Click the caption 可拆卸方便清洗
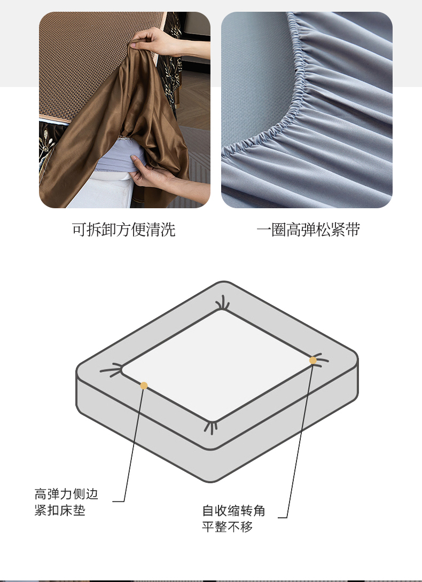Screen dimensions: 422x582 coord(124,230)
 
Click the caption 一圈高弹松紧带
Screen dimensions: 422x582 coord(308,230)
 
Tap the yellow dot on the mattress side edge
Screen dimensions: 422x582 coord(144,386)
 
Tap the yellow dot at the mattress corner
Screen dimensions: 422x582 coord(313,360)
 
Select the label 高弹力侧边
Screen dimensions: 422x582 coord(66,494)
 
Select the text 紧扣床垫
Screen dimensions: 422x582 coord(60,510)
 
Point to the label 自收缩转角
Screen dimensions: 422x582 coord(233,510)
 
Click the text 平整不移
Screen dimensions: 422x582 coord(228,526)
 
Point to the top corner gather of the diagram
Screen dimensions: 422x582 coord(223,303)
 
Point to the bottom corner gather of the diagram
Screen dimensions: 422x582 coord(211,427)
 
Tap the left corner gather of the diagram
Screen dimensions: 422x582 coord(112,370)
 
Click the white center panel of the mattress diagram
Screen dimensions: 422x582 coord(218,366)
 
